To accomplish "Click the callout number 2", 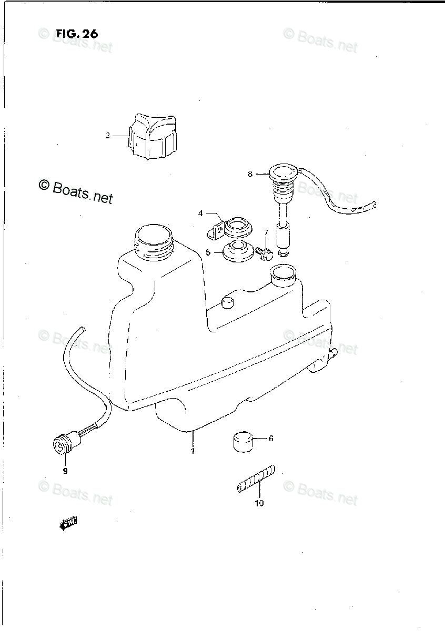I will point(107,136).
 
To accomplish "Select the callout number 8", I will point(250,174).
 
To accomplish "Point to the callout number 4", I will point(200,213).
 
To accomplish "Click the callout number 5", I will point(208,253).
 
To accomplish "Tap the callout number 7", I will point(266,232).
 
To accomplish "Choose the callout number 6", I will point(270,438).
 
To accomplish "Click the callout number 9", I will point(65,471).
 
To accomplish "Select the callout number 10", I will point(259,504).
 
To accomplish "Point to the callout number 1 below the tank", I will point(193,451).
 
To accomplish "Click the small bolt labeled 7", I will point(265,253).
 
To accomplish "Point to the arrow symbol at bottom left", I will point(68,523).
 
